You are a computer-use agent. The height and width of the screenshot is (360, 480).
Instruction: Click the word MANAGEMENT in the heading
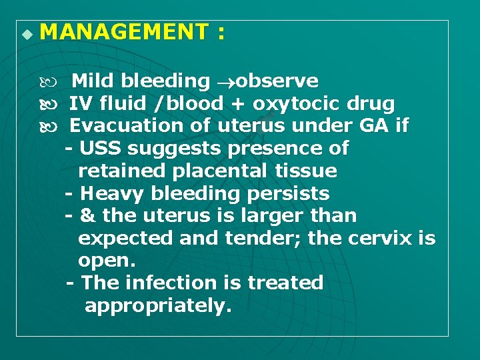tap(124, 32)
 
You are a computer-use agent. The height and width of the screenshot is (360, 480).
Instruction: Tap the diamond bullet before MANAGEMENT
tap(26, 33)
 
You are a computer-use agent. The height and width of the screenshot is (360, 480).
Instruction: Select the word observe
tap(277, 81)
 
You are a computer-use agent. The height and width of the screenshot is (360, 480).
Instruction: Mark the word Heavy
tap(107, 194)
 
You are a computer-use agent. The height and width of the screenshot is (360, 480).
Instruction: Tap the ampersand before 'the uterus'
tap(87, 217)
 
